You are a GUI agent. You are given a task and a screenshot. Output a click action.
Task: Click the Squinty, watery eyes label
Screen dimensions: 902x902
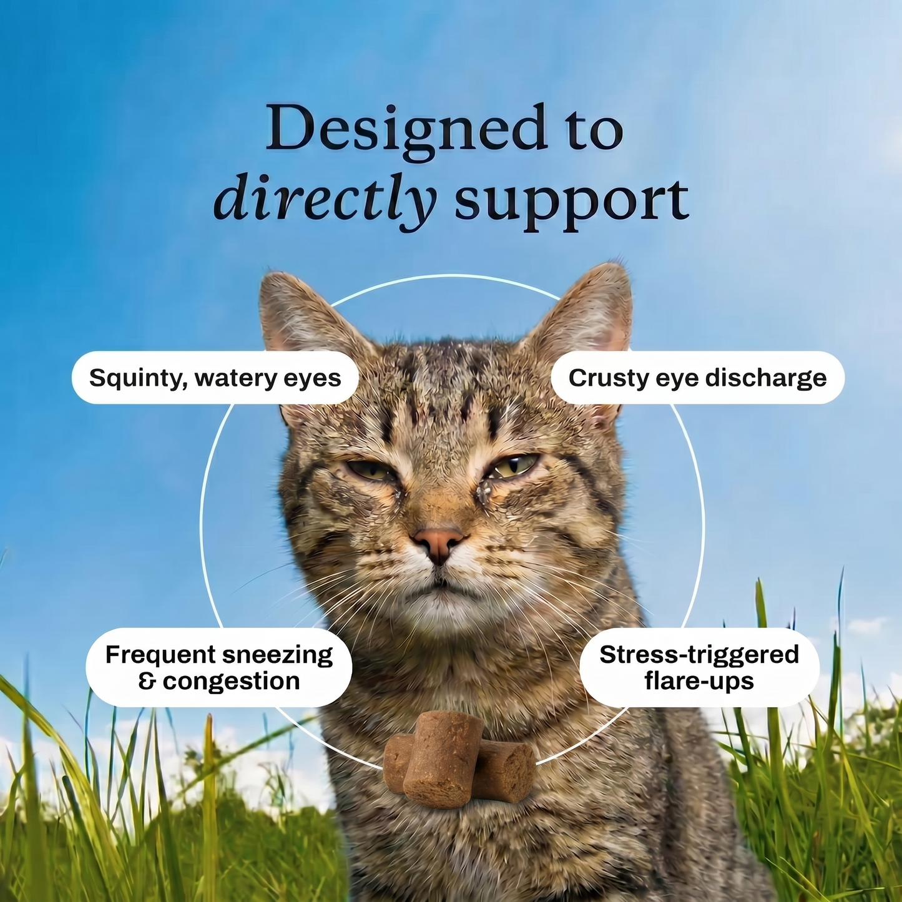215,378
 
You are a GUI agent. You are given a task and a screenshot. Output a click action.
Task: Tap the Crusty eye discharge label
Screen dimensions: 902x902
697,377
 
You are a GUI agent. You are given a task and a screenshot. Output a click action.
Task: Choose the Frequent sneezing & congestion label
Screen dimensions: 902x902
219,667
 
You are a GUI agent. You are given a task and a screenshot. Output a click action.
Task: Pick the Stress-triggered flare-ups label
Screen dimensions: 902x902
699,667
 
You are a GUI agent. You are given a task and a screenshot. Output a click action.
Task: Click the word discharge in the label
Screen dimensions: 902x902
766,377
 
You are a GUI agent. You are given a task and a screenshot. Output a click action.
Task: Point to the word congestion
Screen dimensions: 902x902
231,681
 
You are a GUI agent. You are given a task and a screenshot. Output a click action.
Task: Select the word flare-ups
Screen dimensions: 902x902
699,681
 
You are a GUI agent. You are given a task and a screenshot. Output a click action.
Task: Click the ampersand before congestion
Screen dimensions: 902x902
147,681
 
